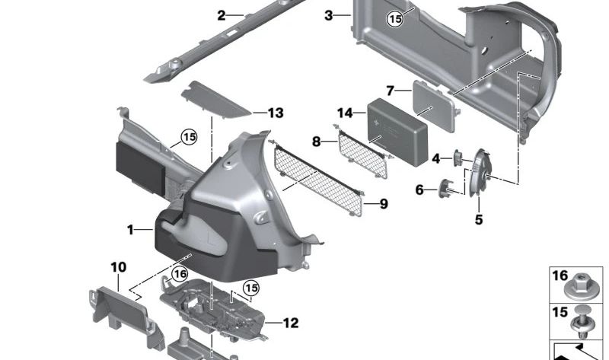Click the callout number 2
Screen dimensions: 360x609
tap(222, 15)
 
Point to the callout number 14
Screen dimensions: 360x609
tap(346, 113)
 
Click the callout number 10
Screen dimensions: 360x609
tap(118, 267)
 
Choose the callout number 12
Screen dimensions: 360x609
tap(291, 323)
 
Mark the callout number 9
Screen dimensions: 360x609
tap(383, 204)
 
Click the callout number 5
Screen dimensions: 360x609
tap(479, 221)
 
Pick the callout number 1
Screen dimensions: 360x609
tap(131, 229)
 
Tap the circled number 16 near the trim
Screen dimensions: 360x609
tap(180, 274)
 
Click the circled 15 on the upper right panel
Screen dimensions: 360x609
tap(394, 20)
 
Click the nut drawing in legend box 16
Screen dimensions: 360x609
tap(581, 291)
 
